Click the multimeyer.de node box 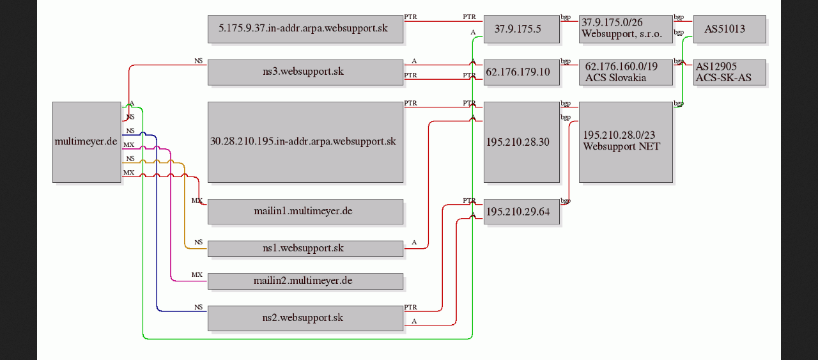(x=86, y=142)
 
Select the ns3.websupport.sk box (x=305, y=72)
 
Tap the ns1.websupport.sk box (x=305, y=249)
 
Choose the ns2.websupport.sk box (x=305, y=318)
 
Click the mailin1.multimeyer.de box (x=305, y=212)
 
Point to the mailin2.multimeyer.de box (x=305, y=281)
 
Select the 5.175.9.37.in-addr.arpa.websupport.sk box (x=305, y=29)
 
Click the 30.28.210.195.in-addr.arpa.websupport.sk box (x=305, y=142)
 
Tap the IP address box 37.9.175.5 (x=521, y=29)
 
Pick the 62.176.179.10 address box (x=521, y=72)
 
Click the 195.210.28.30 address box (x=521, y=142)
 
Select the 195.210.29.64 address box (x=521, y=212)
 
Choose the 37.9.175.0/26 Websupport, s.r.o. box (x=626, y=29)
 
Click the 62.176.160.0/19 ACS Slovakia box (x=626, y=72)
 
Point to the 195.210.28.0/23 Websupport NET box (x=626, y=142)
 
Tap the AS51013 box (x=730, y=29)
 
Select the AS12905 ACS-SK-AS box (x=730, y=72)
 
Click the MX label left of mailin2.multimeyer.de (x=197, y=275)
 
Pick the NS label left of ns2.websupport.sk (x=198, y=307)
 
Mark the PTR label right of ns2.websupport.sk (x=410, y=307)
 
